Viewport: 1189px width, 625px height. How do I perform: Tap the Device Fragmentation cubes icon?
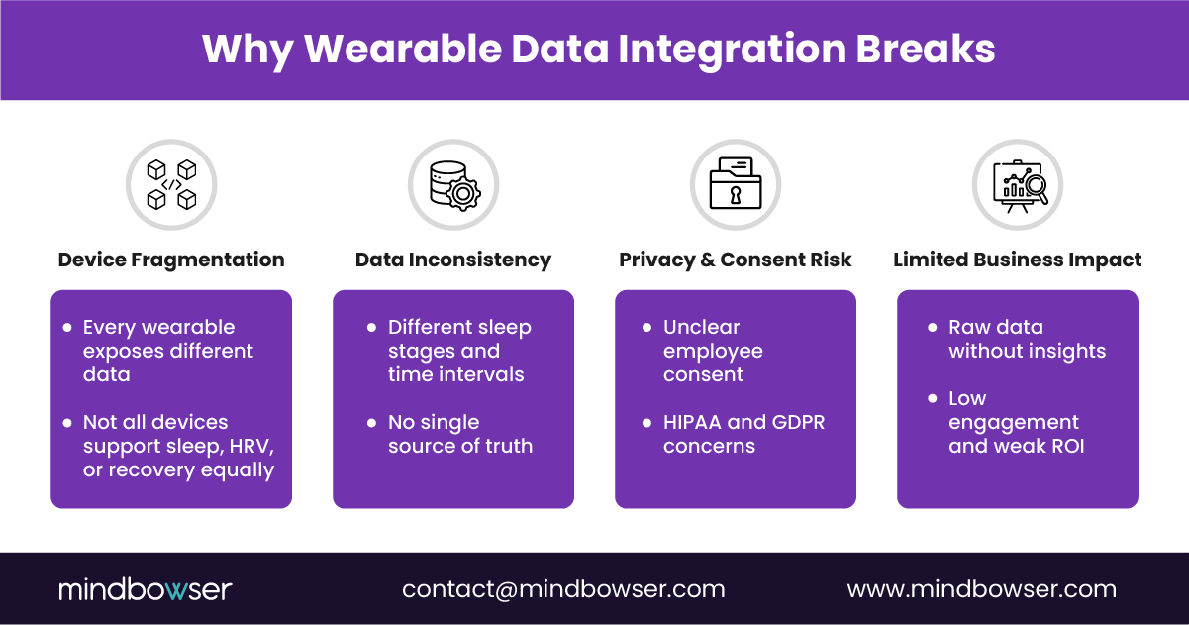(171, 185)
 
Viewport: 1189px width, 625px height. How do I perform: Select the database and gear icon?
(453, 185)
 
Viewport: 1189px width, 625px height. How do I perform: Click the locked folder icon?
(736, 185)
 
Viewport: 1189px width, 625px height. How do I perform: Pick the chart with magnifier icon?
(1018, 185)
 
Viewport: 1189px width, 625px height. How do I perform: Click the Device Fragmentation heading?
(171, 260)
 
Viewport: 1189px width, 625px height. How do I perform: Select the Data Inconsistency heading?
(453, 260)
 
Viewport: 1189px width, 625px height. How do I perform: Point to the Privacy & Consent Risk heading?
(736, 260)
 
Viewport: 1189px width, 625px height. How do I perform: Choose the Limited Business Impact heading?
(1018, 260)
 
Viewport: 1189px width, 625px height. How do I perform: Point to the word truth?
(506, 446)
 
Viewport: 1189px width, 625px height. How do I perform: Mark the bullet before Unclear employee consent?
(646, 327)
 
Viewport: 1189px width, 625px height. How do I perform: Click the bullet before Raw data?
(932, 327)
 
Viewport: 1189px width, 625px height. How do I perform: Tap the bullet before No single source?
(371, 422)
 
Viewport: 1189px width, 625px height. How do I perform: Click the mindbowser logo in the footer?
(145, 589)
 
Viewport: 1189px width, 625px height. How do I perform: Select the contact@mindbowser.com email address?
(563, 589)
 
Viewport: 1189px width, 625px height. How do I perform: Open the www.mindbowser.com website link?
(982, 589)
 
